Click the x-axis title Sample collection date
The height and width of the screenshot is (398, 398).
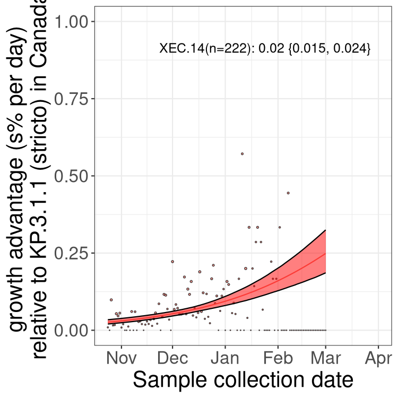click(243, 380)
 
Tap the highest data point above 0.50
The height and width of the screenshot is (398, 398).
click(242, 153)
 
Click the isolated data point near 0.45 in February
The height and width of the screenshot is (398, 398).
click(288, 193)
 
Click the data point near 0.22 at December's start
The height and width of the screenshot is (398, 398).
click(172, 262)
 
